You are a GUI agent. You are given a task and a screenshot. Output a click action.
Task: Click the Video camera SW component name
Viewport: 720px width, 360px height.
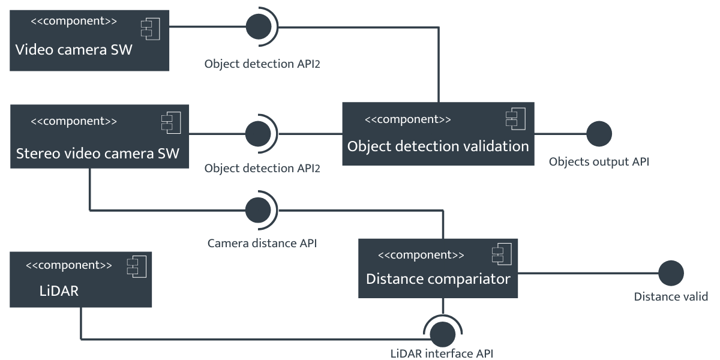(73, 49)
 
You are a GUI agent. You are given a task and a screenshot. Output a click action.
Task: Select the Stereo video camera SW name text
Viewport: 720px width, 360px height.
(97, 153)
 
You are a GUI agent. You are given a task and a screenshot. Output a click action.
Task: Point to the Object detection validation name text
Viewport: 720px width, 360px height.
(438, 146)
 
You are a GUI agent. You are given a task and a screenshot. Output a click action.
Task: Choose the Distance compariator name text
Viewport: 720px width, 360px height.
(438, 279)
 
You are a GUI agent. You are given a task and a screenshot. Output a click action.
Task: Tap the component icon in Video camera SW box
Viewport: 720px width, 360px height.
(149, 28)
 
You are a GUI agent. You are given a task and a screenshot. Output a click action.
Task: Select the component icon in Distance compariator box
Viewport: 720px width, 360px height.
(500, 255)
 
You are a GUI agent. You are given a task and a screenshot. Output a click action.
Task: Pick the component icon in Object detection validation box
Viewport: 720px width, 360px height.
(515, 119)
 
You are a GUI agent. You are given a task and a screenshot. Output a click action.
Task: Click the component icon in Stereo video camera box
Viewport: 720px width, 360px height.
(170, 122)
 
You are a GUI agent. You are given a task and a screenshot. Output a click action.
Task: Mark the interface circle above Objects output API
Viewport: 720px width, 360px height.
(599, 133)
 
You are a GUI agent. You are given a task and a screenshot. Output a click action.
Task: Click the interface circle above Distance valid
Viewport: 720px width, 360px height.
(671, 273)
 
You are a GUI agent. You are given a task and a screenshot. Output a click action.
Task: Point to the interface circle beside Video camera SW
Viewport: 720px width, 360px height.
(259, 27)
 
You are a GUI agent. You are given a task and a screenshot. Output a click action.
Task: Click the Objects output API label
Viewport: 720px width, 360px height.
(599, 162)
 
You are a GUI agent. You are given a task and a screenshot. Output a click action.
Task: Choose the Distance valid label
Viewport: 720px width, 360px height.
(671, 297)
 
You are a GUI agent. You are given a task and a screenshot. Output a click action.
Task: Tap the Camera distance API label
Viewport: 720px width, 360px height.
(262, 244)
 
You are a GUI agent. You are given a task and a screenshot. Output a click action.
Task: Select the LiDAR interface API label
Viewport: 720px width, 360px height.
(442, 353)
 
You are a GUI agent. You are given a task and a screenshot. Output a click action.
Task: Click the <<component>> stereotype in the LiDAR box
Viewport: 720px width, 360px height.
(68, 265)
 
